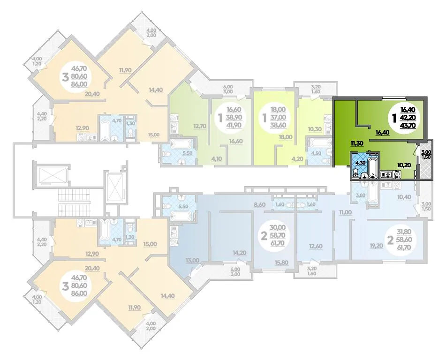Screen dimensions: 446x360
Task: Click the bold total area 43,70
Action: [408, 126]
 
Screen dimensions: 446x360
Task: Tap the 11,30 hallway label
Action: [357, 143]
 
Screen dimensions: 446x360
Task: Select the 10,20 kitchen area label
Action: [404, 165]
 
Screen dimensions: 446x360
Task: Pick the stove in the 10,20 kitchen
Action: [396, 174]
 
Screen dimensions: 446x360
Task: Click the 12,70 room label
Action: [200, 126]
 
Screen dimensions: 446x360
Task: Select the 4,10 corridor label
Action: [215, 159]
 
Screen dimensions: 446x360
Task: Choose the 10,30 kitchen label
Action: [315, 129]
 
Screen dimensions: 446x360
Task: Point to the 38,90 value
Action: [234, 118]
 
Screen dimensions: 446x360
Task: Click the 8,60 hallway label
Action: [259, 204]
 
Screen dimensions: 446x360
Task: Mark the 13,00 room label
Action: [192, 261]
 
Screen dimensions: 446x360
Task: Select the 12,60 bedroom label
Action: [316, 246]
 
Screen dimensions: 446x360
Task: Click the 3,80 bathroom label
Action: [361, 195]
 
